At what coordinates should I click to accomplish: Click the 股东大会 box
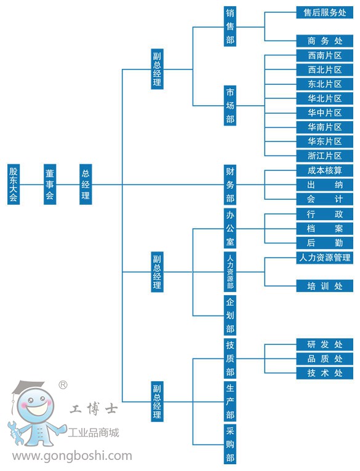point(14,184)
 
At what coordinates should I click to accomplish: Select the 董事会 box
point(50,184)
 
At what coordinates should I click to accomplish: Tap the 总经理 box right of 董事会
point(86,184)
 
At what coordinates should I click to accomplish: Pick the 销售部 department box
point(230,26)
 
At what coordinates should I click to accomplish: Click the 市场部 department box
point(230,105)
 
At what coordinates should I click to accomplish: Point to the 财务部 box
point(230,184)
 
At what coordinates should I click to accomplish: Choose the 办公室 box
point(230,228)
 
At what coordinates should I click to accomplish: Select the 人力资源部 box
point(230,272)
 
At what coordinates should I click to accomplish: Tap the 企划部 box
point(230,315)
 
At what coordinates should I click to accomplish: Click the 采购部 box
point(230,445)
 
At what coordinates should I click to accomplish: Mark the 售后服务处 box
point(324,12)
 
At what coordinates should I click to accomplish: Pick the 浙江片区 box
point(324,156)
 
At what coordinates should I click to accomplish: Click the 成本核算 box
point(324,170)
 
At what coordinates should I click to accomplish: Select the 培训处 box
point(324,286)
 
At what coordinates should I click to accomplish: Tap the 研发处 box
point(324,344)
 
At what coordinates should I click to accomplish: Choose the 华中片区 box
point(324,113)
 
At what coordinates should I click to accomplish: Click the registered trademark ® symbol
point(63,385)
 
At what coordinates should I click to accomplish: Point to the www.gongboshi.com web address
point(72,456)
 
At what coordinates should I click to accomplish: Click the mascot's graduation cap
point(28,387)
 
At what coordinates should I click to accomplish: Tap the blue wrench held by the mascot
point(14,432)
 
